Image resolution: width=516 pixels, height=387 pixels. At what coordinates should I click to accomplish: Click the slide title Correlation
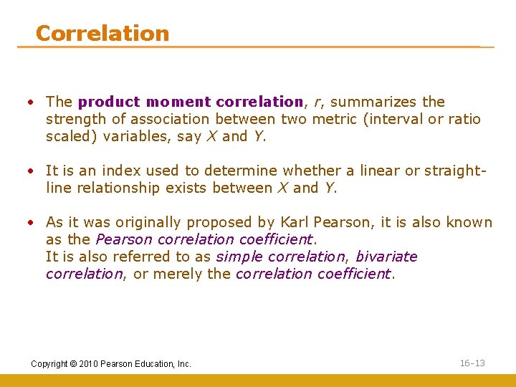(102, 33)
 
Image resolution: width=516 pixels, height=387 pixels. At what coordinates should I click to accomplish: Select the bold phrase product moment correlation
(191, 102)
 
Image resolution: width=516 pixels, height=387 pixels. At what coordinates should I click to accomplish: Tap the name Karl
(295, 222)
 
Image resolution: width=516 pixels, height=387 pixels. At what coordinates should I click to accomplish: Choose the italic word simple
(237, 257)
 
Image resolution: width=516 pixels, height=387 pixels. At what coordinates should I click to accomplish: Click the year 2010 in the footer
(87, 364)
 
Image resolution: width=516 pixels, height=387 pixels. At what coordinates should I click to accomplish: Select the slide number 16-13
(472, 363)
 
